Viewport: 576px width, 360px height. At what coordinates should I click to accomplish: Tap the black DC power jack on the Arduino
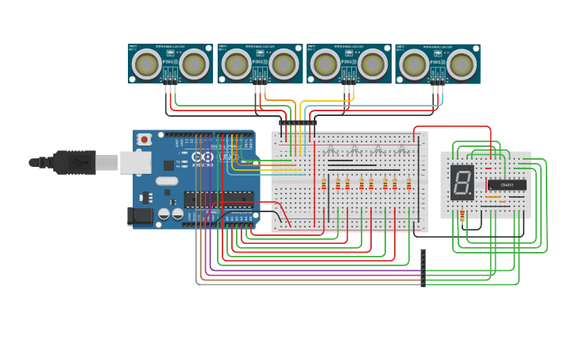tap(141, 215)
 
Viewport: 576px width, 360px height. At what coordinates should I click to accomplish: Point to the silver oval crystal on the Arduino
tap(167, 181)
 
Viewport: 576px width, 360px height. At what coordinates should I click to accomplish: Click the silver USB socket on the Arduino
tap(136, 162)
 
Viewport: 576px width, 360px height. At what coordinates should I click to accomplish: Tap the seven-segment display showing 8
tap(462, 183)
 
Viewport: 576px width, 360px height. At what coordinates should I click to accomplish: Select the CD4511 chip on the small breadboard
tap(506, 185)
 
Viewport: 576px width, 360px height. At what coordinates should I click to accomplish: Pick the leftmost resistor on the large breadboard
tap(323, 184)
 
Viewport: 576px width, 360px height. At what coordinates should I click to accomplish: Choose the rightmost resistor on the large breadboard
tap(408, 184)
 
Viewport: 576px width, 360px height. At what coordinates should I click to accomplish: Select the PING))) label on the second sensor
tap(259, 61)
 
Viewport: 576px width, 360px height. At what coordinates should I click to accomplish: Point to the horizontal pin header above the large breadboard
tap(297, 122)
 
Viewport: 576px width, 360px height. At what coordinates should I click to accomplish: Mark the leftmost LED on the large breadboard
tap(331, 151)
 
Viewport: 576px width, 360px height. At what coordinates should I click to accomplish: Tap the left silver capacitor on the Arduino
tap(164, 213)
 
